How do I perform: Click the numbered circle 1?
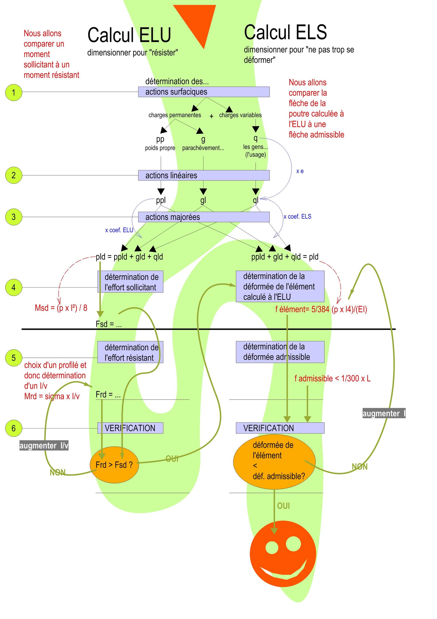pos(13,92)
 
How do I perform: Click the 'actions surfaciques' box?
pos(203,92)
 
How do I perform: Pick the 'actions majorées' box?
pos(203,217)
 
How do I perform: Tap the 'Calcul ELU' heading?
pos(129,35)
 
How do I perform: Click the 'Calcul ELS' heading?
pos(285,32)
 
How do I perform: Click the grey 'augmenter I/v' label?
pos(44,446)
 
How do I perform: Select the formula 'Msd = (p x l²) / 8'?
pos(61,308)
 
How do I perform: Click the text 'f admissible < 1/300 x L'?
pos(332,378)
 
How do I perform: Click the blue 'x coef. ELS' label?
pos(297,217)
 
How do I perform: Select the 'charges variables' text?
pos(240,115)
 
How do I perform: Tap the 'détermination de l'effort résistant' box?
pos(130,352)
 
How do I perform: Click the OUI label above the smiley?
pos(283,506)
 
